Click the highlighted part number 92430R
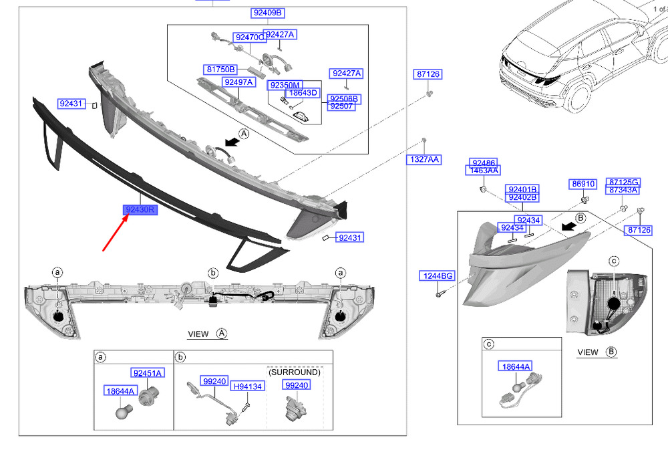[140, 210]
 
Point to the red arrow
[116, 233]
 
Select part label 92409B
[268, 13]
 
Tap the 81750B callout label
[220, 69]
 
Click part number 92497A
[238, 82]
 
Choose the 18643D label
[303, 92]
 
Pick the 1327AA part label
[424, 160]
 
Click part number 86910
[583, 184]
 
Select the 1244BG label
[438, 276]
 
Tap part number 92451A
[148, 373]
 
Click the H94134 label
[248, 386]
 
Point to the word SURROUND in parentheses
[295, 372]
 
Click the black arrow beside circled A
[232, 142]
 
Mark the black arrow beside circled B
[568, 226]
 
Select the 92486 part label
[484, 163]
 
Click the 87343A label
[623, 190]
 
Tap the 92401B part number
[523, 189]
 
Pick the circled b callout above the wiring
[213, 273]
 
